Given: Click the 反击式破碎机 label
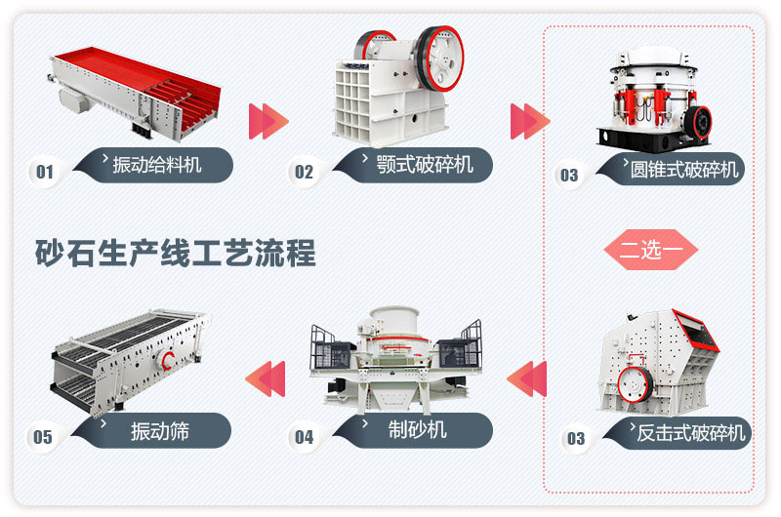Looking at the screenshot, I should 689,432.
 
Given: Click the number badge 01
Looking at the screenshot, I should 44,173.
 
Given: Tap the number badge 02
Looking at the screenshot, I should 305,173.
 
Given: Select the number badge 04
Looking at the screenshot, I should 305,437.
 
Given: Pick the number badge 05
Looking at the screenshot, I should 44,437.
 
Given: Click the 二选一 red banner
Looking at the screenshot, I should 650,250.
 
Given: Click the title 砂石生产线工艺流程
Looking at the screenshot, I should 176,254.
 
